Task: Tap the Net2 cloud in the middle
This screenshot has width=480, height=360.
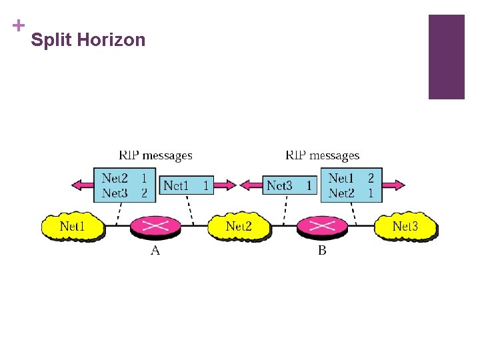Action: pyautogui.click(x=239, y=226)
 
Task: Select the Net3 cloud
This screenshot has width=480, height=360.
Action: pyautogui.click(x=405, y=226)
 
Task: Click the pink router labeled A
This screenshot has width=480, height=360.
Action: pyautogui.click(x=156, y=226)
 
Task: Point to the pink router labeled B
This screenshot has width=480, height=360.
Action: pyautogui.click(x=322, y=226)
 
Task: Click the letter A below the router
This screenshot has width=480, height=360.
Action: pyautogui.click(x=155, y=251)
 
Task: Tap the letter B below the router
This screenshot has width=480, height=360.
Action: pyautogui.click(x=322, y=251)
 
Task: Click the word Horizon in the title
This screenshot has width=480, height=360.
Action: pyautogui.click(x=111, y=40)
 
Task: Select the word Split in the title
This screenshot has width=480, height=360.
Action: pyautogui.click(x=52, y=40)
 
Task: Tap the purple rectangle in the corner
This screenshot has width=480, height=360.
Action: pyautogui.click(x=446, y=57)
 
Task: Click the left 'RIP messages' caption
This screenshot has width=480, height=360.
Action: pyautogui.click(x=155, y=155)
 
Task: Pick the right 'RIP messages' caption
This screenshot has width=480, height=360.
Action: pyautogui.click(x=323, y=155)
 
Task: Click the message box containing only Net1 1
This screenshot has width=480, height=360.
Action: pyautogui.click(x=186, y=185)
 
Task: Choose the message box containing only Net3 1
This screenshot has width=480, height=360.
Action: pyautogui.click(x=289, y=185)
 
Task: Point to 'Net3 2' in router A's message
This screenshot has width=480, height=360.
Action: pyautogui.click(x=124, y=193)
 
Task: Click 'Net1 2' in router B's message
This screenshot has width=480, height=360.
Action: pyautogui.click(x=351, y=178)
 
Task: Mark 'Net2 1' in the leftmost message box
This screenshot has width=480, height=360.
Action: pyautogui.click(x=124, y=178)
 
